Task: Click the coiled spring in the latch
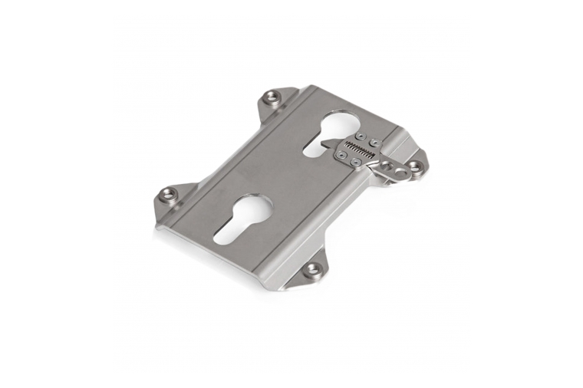tap(359, 150)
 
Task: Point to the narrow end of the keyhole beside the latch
tap(313, 150)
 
